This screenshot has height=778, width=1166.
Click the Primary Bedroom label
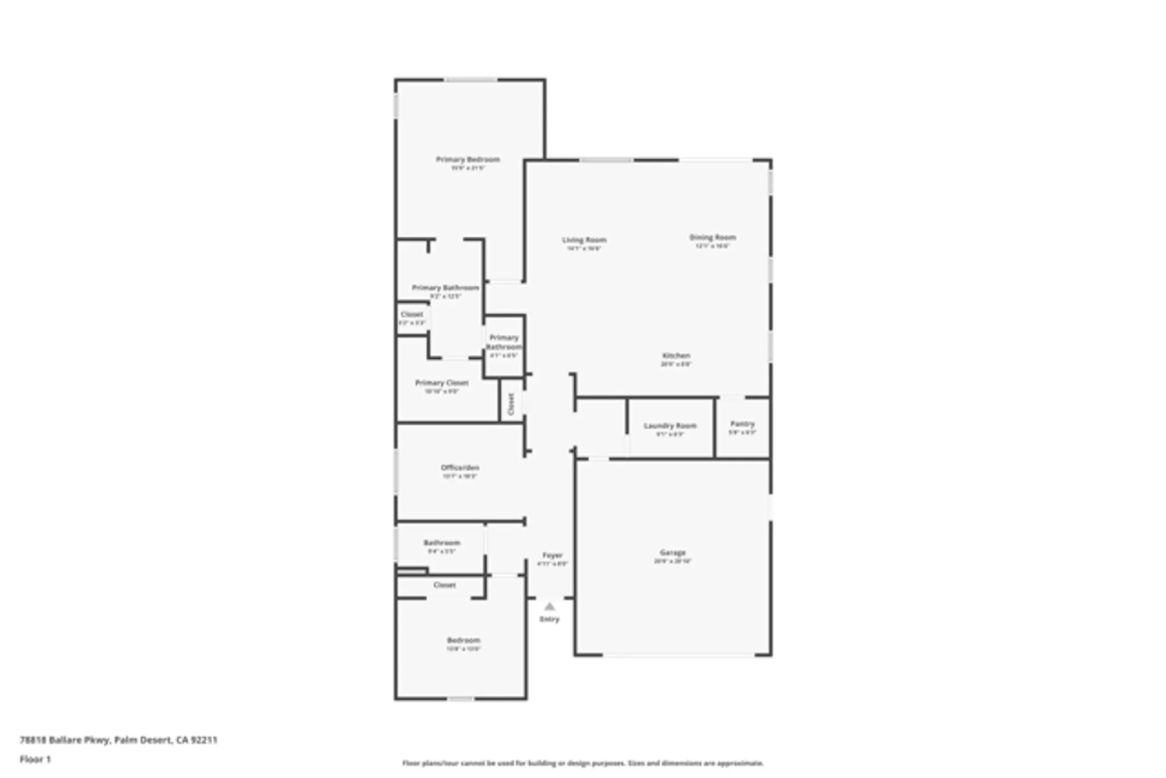coord(468,159)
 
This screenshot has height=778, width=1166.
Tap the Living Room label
coord(584,240)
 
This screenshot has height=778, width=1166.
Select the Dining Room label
coord(712,237)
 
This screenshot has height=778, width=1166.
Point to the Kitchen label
coord(676,356)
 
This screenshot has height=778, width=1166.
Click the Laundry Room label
coord(670,426)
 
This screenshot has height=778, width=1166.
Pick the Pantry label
coord(742,424)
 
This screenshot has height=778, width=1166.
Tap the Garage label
coord(672,552)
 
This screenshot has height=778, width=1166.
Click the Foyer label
coord(552,555)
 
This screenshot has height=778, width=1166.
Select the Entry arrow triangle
coord(549,607)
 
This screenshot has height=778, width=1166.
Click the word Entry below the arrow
coord(549,619)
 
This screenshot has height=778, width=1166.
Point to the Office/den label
coord(459,468)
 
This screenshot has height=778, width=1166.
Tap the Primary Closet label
coord(441,383)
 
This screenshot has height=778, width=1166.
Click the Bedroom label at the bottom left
coord(463,640)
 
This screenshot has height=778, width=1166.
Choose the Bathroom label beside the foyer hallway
coord(441,543)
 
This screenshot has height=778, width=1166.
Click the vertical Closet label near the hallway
coord(511,404)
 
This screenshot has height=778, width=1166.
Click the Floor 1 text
coord(35,759)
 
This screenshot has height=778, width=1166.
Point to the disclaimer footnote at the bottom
coord(582,763)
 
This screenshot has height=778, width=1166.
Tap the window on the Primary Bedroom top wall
coord(471,80)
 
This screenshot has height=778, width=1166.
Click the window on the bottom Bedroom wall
coord(460,698)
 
